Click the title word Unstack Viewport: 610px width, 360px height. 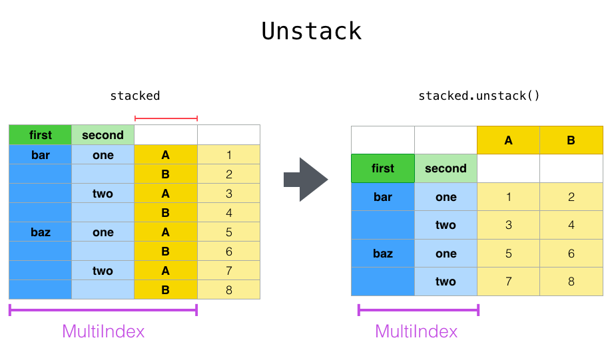[x=311, y=31]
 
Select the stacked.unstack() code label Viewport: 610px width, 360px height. [x=479, y=96]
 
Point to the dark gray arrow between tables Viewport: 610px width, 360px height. [x=306, y=179]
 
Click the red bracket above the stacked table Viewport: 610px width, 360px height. [x=166, y=118]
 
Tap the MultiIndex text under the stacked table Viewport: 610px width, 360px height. [x=103, y=331]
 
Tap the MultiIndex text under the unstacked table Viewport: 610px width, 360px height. [x=416, y=331]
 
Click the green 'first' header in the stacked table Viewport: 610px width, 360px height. [x=40, y=135]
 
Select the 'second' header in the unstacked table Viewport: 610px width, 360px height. [x=446, y=168]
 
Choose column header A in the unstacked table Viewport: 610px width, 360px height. [x=508, y=140]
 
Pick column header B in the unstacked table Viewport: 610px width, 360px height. [x=571, y=140]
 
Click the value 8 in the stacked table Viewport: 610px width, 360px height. [x=228, y=290]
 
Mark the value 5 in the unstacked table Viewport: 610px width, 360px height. [x=508, y=254]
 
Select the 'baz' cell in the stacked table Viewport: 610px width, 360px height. [x=40, y=232]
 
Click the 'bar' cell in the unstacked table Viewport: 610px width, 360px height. [x=383, y=197]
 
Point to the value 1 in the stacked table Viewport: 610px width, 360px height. [x=228, y=155]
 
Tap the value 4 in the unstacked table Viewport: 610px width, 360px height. [x=571, y=225]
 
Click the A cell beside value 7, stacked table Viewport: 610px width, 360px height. [x=166, y=271]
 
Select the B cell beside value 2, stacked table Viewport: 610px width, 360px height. [x=166, y=174]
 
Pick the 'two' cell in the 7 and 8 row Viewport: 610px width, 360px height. [x=446, y=281]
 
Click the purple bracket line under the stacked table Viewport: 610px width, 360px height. [x=103, y=309]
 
